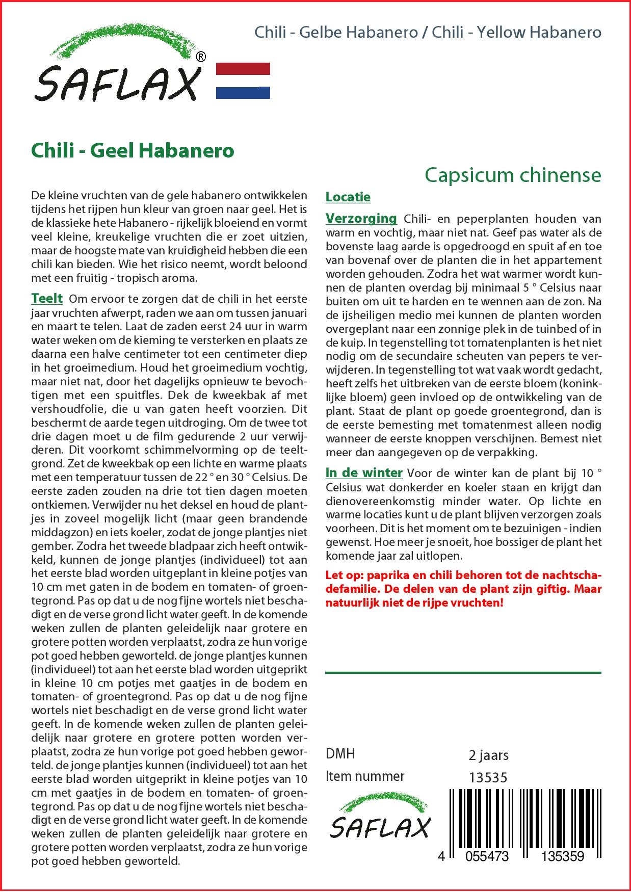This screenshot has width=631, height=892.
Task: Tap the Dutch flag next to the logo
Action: coord(243,81)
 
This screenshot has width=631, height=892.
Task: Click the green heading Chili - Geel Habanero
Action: coord(133,151)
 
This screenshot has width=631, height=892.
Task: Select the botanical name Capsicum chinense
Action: coord(513,175)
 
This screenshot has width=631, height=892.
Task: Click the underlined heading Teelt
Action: coord(47,298)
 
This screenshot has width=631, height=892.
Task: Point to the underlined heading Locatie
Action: coord(348,197)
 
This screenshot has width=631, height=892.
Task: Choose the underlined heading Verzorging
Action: coord(361,219)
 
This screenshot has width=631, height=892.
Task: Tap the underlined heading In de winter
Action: coord(364,473)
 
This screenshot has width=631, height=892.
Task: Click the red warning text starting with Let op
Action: coord(463,589)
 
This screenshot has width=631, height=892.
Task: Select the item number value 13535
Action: coord(488,777)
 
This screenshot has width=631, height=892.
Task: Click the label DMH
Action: coord(340,754)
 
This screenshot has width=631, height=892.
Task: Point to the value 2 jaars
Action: coord(488,755)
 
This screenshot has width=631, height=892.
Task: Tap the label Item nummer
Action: coord(365,776)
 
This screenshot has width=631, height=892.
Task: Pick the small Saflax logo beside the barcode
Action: coord(379,819)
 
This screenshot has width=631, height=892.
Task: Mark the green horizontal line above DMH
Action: coord(463,673)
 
